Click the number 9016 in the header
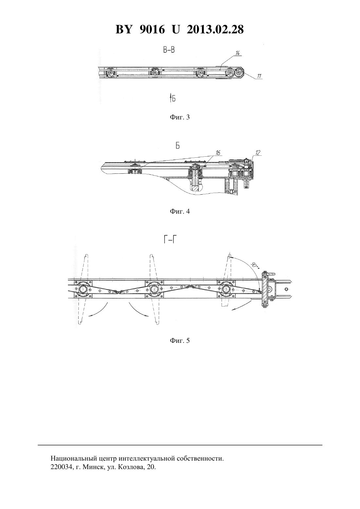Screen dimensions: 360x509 (x=152, y=29)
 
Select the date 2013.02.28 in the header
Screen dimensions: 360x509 (x=215, y=29)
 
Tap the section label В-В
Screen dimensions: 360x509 (x=169, y=50)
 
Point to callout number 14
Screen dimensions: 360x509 (x=238, y=53)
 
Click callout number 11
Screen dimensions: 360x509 (x=259, y=76)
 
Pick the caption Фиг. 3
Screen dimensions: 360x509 (x=180, y=117)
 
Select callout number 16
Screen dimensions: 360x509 (x=218, y=153)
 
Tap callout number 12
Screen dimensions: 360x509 (x=258, y=153)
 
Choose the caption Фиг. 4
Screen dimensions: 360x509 (x=180, y=212)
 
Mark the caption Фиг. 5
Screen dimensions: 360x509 (x=180, y=341)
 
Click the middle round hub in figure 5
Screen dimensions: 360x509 (x=154, y=289)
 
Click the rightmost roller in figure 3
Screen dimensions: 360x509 (x=239, y=73)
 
